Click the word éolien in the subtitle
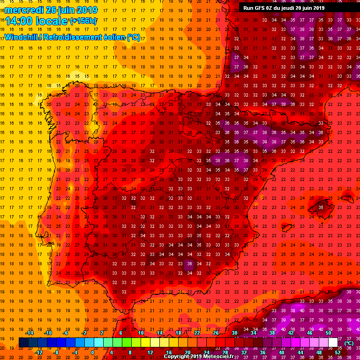pyautogui.click(x=112, y=37)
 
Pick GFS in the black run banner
pyautogui.click(x=259, y=8)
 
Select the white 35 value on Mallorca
pyautogui.click(x=321, y=207)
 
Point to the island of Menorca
pyautogui.click(x=348, y=195)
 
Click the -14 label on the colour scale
pyautogui.click(x=30, y=333)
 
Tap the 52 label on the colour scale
pyautogui.click(x=337, y=352)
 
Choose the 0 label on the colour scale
pyautogui.click(x=92, y=352)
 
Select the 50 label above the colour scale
pyautogui.click(x=328, y=333)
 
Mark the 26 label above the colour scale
pyautogui.click(x=216, y=333)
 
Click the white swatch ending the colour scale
pyautogui.click(x=333, y=342)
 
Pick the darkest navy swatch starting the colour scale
pyautogui.click(x=23, y=342)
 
